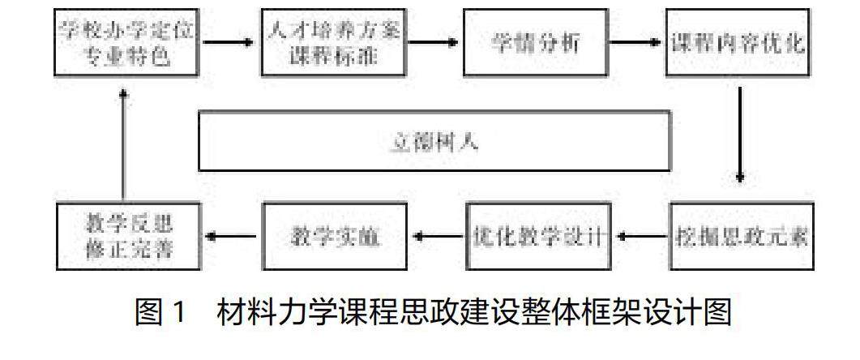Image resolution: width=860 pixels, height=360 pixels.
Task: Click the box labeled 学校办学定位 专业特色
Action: coord(126,42)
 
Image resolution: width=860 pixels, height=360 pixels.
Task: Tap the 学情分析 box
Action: coord(535,42)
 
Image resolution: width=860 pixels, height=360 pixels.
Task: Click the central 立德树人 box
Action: coord(434,141)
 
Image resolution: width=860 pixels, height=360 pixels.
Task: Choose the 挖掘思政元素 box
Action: coord(742,237)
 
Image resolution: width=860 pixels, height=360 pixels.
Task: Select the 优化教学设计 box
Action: coord(537,237)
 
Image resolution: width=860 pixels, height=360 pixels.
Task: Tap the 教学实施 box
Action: coord(335,237)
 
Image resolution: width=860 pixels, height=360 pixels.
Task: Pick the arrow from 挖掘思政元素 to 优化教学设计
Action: coord(640,237)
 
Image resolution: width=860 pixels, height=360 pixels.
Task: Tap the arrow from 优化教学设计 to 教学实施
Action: coord(438,237)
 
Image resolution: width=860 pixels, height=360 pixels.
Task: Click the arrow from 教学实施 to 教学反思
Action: coord(231,237)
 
